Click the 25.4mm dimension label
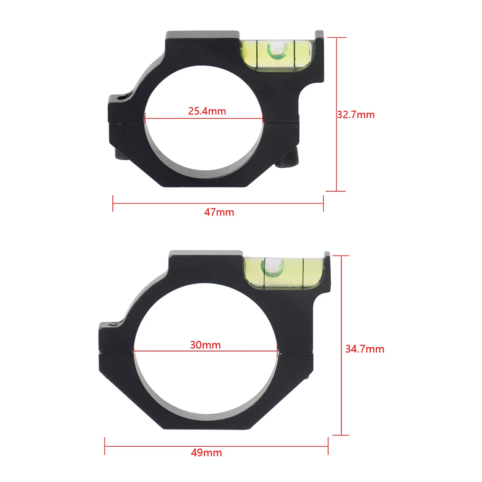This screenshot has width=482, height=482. click(x=207, y=111)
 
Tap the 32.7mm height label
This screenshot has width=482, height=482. click(x=356, y=115)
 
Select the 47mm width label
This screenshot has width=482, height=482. click(x=219, y=212)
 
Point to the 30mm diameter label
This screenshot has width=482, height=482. click(x=205, y=345)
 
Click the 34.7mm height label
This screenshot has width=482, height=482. click(x=365, y=349)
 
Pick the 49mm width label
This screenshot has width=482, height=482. click(x=206, y=453)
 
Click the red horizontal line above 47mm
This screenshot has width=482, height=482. click(x=218, y=203)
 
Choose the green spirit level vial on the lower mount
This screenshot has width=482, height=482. click(x=282, y=270)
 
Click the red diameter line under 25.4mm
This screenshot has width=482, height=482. click(x=204, y=118)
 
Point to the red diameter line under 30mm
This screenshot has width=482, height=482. click(x=205, y=351)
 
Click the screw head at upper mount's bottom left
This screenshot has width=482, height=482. click(x=121, y=156)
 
